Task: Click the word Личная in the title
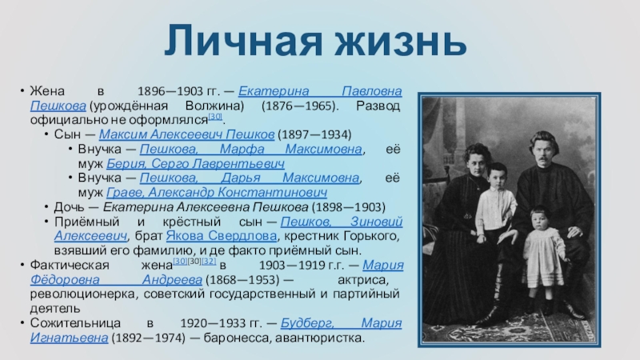click(x=243, y=41)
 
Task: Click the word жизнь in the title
click(x=401, y=41)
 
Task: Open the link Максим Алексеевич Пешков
click(x=186, y=134)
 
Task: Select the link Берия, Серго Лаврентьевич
click(x=195, y=164)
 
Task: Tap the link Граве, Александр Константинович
click(x=217, y=192)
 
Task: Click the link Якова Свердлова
click(x=222, y=236)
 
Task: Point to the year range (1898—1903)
click(x=349, y=207)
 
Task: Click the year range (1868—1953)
click(x=242, y=279)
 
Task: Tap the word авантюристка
click(x=319, y=338)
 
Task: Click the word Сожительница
click(x=75, y=323)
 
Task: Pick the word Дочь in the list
click(x=70, y=207)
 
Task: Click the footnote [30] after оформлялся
click(x=215, y=116)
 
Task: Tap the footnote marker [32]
click(x=209, y=262)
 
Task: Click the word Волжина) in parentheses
click(x=214, y=106)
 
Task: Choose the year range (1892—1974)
click(x=148, y=338)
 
